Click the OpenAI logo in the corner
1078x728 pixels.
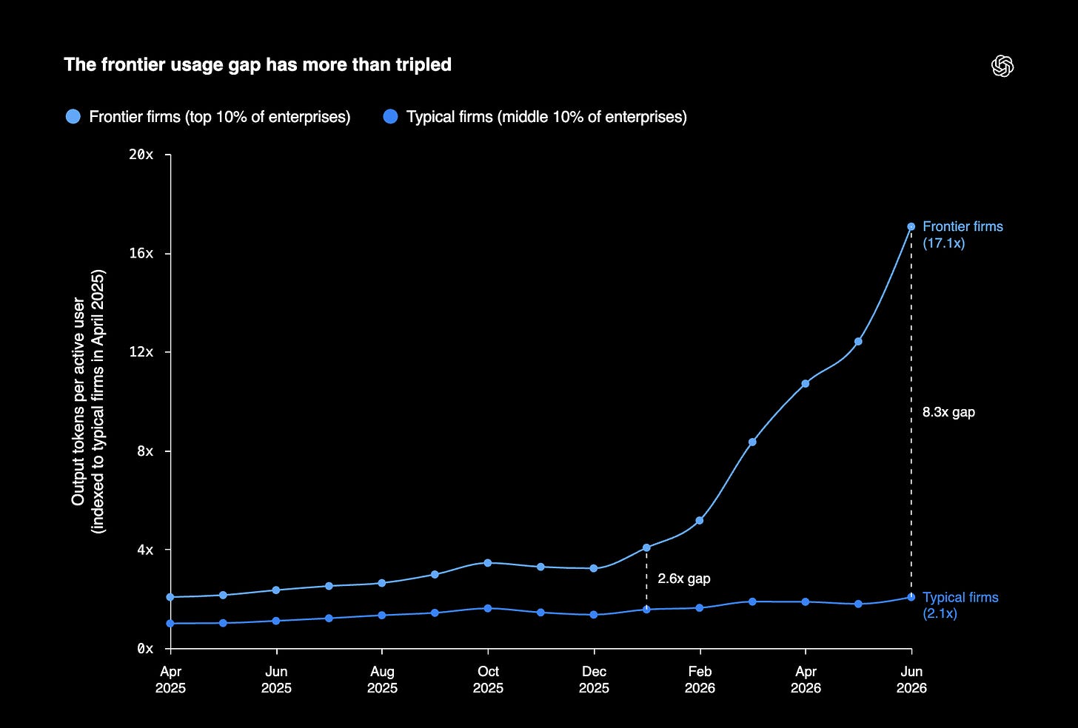[1002, 66]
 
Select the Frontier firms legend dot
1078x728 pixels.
[73, 116]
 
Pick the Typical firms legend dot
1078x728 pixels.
[390, 116]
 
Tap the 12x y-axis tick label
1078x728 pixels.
[141, 352]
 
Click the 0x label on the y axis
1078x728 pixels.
[145, 649]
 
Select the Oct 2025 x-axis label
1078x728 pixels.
[488, 679]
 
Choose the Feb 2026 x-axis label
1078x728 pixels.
[700, 679]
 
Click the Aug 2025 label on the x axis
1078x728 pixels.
[382, 679]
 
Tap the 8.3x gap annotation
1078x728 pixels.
[948, 412]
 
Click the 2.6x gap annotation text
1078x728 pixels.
[684, 579]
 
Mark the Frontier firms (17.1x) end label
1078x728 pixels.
[962, 235]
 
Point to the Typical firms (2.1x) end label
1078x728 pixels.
[960, 605]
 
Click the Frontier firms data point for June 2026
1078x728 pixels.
[911, 226]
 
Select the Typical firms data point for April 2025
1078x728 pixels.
[170, 623]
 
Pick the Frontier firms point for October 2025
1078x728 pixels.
[487, 562]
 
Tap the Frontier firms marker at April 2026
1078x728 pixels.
[805, 384]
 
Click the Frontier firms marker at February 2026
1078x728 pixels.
[699, 520]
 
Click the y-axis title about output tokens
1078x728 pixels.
[88, 402]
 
